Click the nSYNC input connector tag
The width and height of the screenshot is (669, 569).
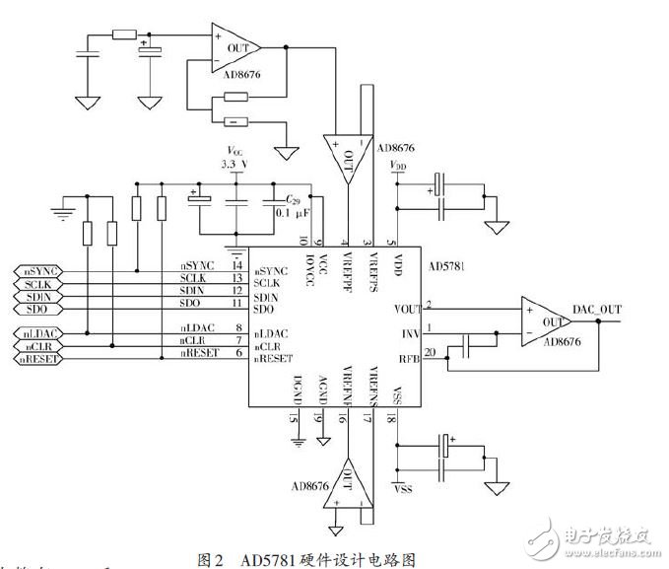click(36, 269)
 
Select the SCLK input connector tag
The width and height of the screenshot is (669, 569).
click(36, 283)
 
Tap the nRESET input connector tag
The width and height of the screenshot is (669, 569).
click(36, 360)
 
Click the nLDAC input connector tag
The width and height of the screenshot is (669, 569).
click(36, 333)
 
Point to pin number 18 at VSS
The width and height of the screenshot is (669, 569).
click(391, 419)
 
